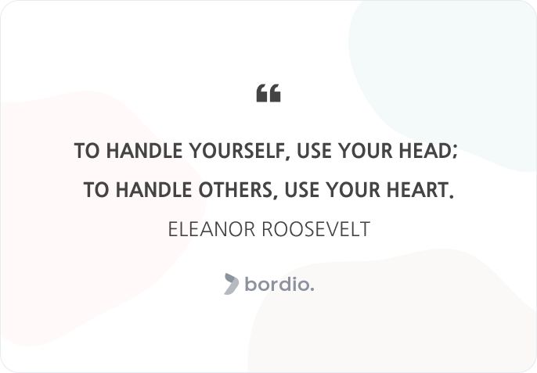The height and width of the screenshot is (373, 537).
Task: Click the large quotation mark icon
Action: click(x=268, y=93)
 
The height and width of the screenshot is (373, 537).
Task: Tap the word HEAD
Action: click(x=424, y=151)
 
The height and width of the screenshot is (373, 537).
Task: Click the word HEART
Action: click(x=417, y=189)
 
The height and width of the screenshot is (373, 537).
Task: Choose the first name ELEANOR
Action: click(x=211, y=229)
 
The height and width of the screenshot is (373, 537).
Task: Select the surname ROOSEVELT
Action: click(x=316, y=229)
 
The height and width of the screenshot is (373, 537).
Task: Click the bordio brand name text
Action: click(x=279, y=284)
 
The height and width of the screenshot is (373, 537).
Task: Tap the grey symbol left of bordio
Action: click(x=231, y=284)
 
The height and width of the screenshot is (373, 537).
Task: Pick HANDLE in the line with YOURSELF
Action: click(x=144, y=151)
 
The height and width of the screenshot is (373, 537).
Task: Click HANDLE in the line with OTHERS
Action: click(x=153, y=189)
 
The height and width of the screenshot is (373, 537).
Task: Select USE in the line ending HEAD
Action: click(x=314, y=151)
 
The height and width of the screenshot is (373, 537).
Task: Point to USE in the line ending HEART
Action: click(x=302, y=189)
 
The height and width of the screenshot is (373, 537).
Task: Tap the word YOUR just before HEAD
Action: click(x=365, y=151)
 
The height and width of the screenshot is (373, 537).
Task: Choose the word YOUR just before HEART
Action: click(x=353, y=189)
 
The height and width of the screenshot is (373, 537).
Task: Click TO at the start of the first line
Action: click(x=87, y=151)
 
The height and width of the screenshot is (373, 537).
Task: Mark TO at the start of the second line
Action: click(x=96, y=189)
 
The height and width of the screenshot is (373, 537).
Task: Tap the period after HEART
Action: click(x=451, y=195)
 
